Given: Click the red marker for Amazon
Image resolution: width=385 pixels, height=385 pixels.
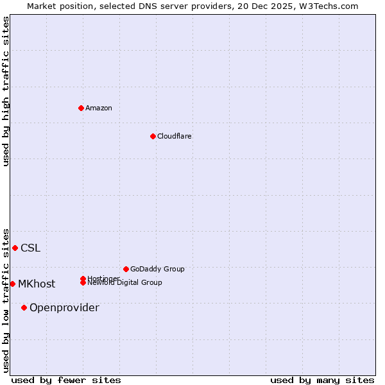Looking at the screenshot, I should click(x=81, y=108).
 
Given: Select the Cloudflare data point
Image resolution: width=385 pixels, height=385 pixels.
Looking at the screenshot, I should click(x=153, y=136).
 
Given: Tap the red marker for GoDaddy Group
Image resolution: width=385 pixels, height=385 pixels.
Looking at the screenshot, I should click(x=126, y=269).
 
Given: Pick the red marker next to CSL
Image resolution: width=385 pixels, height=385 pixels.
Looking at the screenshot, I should click(x=15, y=248).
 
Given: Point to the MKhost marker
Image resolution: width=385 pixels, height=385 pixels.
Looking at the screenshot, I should click(x=12, y=284).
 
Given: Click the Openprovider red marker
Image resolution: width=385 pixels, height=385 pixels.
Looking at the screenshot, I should click(x=24, y=307).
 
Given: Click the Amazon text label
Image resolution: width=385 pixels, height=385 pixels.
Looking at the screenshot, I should click(x=99, y=108).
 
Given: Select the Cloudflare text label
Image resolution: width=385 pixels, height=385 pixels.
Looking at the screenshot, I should click(x=175, y=136).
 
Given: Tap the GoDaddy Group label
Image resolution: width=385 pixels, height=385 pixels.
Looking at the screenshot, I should click(x=157, y=269).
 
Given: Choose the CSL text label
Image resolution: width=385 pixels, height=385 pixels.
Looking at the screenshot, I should click(x=30, y=248).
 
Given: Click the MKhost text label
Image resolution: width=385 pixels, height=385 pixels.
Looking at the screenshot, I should click(x=37, y=284).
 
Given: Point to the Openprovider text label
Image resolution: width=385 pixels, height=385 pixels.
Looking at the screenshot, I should click(x=64, y=308).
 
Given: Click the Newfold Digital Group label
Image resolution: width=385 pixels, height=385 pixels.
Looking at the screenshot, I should click(x=124, y=283).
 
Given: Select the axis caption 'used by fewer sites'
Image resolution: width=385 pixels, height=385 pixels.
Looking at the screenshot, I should click(x=66, y=380).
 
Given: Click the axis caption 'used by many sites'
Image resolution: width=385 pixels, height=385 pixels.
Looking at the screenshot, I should click(x=322, y=380).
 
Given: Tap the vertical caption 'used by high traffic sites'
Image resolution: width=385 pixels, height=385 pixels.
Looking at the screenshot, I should click(x=6, y=91).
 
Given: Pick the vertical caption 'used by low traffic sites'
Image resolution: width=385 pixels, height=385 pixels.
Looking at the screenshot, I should click(x=6, y=300).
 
